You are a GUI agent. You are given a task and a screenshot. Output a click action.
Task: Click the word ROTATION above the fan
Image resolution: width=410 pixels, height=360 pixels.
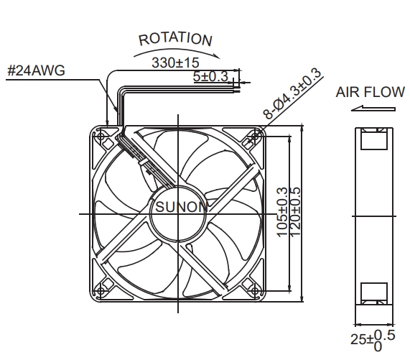coord(175,40)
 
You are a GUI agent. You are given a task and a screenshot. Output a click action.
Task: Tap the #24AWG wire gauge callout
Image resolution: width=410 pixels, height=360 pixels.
coord(37,70)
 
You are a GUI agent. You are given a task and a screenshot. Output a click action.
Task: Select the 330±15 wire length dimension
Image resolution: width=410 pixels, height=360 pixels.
coord(175,63)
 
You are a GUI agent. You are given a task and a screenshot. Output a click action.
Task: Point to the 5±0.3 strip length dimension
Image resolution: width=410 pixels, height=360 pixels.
coord(211,76)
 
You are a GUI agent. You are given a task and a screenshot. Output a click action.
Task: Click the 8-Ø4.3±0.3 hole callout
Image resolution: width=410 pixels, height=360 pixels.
coord(292,93)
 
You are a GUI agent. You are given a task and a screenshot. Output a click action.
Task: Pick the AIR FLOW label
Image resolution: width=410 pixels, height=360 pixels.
coord(371,92)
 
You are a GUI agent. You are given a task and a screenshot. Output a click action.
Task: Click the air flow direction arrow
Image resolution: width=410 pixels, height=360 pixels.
coord(373,109)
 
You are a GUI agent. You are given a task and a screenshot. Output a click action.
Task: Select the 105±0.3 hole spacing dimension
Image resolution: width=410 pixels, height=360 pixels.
coord(282,213)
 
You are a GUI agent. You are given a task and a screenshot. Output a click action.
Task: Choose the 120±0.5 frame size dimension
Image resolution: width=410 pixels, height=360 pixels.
coord(295,213)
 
